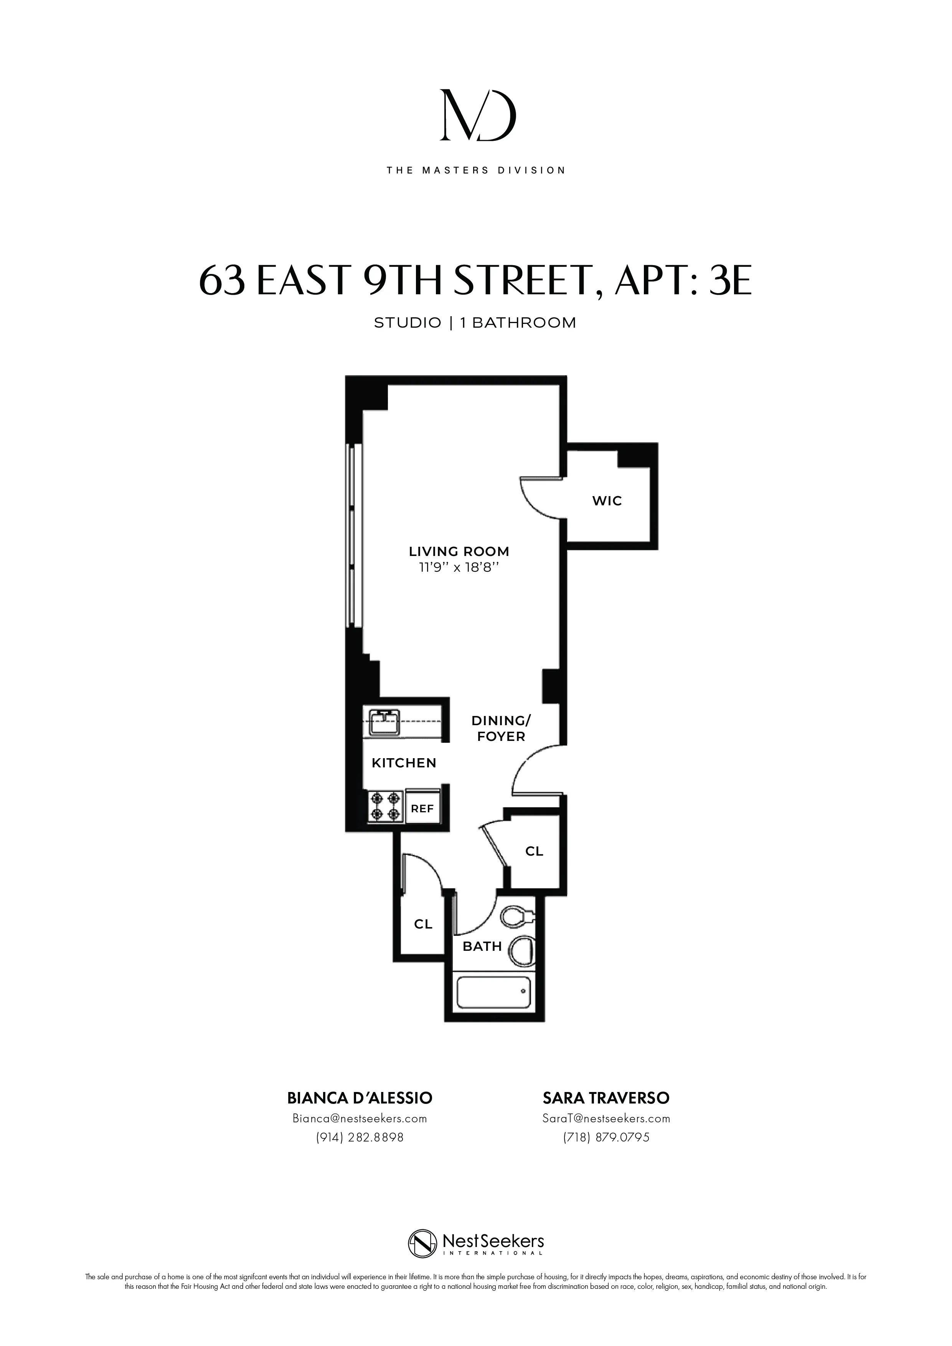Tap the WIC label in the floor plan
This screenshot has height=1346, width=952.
[x=607, y=501]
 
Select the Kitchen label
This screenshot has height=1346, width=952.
[x=404, y=763]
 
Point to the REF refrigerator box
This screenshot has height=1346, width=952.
[x=422, y=808]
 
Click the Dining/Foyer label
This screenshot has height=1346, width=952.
[x=501, y=729]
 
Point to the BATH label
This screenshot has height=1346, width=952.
[x=482, y=946]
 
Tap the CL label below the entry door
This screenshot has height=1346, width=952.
[x=534, y=851]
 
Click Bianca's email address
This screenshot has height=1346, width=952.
[x=359, y=1118]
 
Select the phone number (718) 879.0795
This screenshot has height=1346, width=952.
[x=606, y=1137]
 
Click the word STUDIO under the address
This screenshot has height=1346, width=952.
[x=408, y=322]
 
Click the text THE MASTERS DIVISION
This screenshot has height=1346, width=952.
[x=476, y=171]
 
